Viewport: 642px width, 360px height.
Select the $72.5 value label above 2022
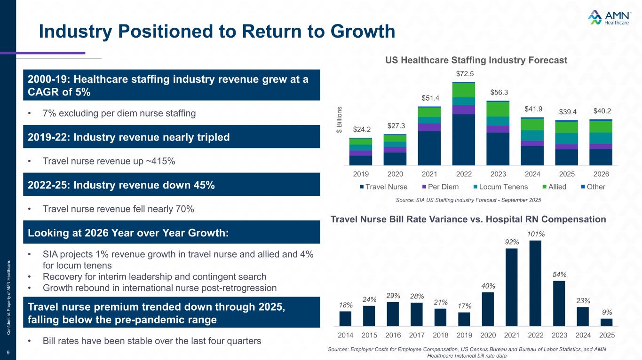465,74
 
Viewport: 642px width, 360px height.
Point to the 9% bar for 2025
607,322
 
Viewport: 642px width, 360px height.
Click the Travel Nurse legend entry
383,187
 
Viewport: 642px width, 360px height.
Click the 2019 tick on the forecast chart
361,174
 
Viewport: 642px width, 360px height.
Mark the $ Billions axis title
340,119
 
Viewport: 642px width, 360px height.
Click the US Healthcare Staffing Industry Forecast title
476,60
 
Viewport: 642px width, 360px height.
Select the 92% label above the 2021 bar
512,242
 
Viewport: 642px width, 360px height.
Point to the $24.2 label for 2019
361,129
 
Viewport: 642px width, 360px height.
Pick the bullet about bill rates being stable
151,341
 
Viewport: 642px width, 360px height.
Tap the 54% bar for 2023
559,303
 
